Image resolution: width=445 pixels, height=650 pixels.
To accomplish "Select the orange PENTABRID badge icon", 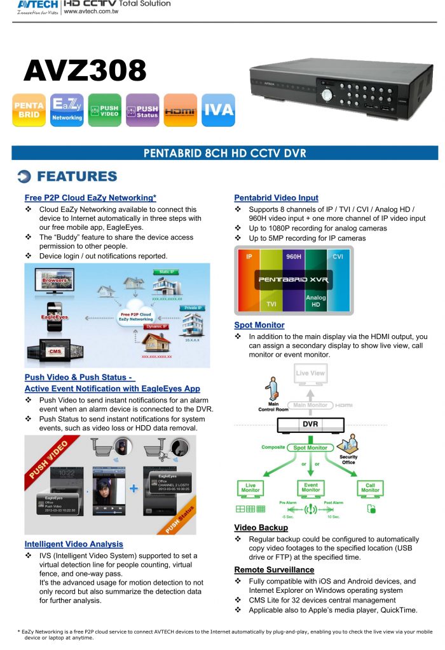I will pyautogui.click(x=29, y=110).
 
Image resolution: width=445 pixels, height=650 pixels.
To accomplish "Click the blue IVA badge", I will pyautogui.click(x=218, y=110).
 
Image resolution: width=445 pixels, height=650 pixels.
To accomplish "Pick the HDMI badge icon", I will pyautogui.click(x=180, y=110).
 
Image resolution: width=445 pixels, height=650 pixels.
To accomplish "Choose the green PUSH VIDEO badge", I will pyautogui.click(x=104, y=110).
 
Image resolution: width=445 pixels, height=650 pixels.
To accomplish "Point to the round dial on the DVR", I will pyautogui.click(x=327, y=95).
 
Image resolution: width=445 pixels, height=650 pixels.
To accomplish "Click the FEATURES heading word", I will pyautogui.click(x=76, y=176).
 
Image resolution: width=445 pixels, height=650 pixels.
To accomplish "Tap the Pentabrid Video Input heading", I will pyautogui.click(x=276, y=197).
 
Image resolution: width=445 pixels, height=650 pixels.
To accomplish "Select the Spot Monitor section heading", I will pyautogui.click(x=259, y=325).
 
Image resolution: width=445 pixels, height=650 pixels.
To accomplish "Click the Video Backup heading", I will pyautogui.click(x=261, y=527).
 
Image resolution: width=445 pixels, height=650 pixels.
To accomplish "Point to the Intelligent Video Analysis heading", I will pyautogui.click(x=74, y=544).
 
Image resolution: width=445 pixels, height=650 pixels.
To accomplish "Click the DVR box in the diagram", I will pyautogui.click(x=310, y=425).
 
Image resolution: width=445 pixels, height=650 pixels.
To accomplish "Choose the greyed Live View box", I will pyautogui.click(x=310, y=373).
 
